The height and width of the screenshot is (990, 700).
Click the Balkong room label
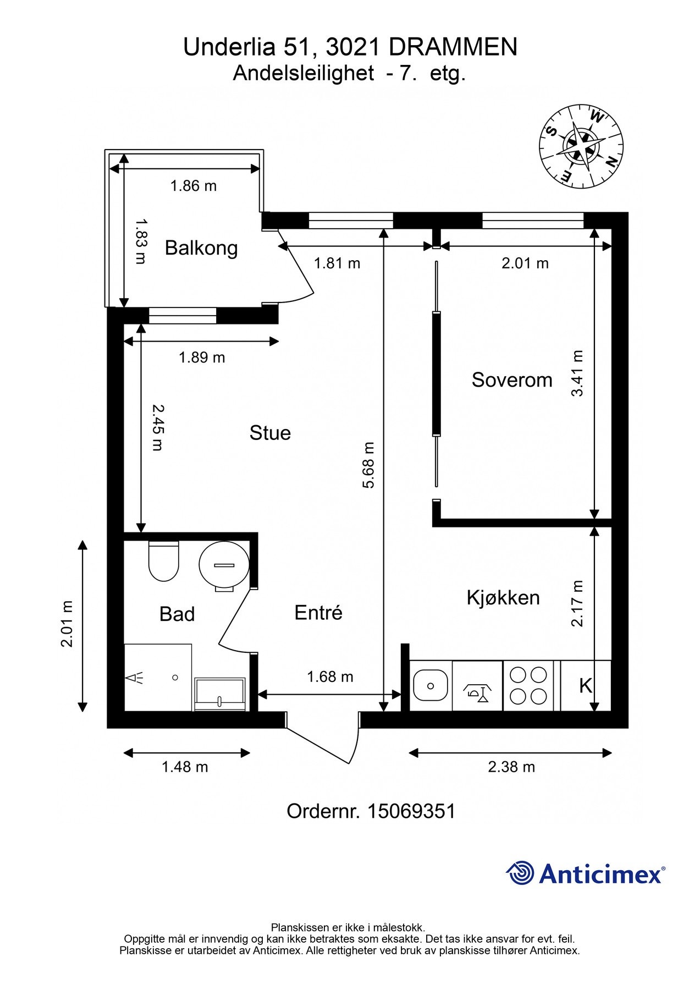pos(201,248)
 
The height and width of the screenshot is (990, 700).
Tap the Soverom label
pos(512,380)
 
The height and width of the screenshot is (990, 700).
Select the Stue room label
pos(270,433)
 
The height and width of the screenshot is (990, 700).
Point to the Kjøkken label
pos(503,597)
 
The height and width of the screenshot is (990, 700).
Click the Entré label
pos(318,612)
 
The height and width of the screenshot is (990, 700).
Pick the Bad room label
pos(177,614)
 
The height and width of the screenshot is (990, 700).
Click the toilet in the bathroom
pos(164,561)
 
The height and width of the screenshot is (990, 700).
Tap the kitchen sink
pos(430,685)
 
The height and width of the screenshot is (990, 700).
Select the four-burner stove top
pos(528,686)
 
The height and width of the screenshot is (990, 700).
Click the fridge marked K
pos(586,686)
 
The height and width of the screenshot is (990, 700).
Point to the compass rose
pos(581,146)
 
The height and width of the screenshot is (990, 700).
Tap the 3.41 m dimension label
pos(577,373)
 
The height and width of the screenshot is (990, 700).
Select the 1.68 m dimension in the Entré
pos(330,676)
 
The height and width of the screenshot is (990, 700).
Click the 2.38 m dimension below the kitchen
pos(511,767)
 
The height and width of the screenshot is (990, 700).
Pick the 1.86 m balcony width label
pos(194,186)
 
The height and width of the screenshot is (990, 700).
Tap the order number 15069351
pos(411,811)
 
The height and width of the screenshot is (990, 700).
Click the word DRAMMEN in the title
pos(453,47)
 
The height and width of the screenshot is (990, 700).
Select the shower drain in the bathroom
pos(175,678)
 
